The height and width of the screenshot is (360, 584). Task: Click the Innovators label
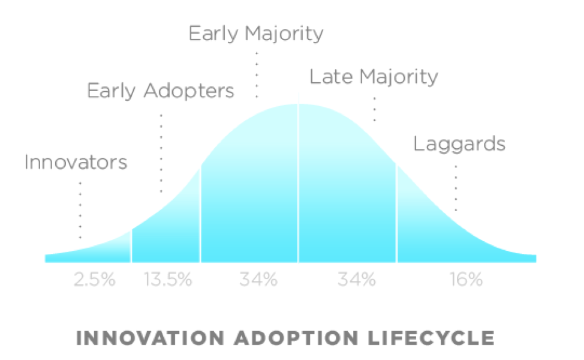(76, 162)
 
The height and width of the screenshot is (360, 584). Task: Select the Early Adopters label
(160, 91)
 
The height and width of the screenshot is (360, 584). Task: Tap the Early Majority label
(256, 34)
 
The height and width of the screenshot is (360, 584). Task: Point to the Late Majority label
(374, 77)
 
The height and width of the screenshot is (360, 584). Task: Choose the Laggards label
(459, 144)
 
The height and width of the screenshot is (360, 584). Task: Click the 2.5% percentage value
(94, 279)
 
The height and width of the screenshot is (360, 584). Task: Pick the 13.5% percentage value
(168, 279)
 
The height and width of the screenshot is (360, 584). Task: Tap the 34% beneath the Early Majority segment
(258, 279)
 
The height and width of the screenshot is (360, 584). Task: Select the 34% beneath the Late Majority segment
(356, 279)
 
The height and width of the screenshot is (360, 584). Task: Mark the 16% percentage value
(466, 279)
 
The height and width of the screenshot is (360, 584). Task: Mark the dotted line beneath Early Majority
(257, 75)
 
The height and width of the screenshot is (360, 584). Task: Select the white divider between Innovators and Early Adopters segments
(131, 246)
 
